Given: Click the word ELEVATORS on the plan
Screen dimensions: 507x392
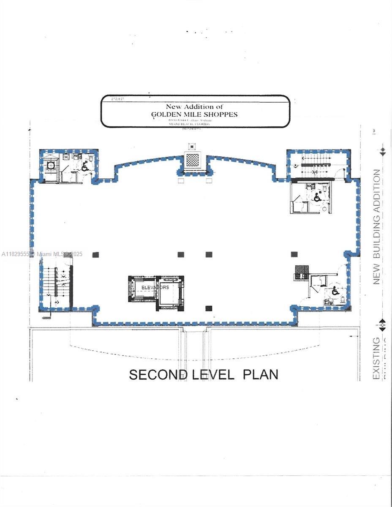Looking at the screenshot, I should point(155,287).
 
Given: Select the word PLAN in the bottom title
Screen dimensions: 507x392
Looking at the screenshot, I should point(260,374).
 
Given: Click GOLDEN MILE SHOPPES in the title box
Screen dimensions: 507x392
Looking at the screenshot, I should point(194,114).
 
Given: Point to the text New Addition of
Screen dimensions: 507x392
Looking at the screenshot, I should point(194,106).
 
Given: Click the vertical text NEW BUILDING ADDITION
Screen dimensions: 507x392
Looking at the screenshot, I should point(377,226).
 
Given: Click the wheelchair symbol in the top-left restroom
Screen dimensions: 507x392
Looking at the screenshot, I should point(85,166).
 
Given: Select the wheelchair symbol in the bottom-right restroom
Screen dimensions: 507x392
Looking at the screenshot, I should point(335,291).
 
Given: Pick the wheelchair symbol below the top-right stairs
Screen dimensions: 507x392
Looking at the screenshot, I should point(317,196).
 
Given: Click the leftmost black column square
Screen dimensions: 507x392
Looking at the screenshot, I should point(95,255).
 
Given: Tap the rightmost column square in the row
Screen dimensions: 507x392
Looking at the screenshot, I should point(294,254).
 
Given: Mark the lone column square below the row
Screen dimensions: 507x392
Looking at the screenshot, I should point(209,308).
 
